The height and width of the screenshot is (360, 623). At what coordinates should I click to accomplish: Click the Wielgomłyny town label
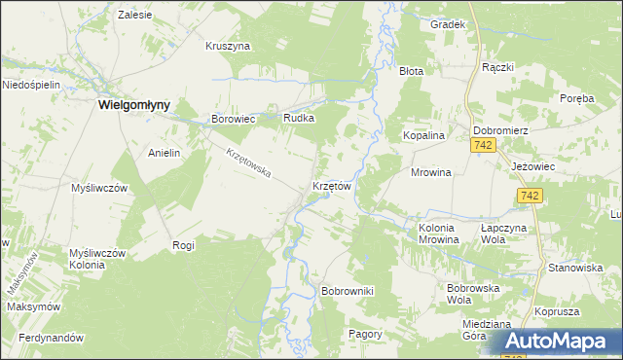pyautogui.click(x=134, y=106)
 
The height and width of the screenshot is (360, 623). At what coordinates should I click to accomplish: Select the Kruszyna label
pyautogui.click(x=229, y=46)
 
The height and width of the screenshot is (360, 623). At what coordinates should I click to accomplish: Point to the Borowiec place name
pyautogui.click(x=233, y=120)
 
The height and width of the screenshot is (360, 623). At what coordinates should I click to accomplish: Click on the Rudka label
pyautogui.click(x=298, y=119)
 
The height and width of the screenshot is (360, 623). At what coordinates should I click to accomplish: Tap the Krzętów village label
pyautogui.click(x=331, y=185)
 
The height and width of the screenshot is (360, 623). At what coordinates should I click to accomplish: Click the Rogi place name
pyautogui.click(x=183, y=245)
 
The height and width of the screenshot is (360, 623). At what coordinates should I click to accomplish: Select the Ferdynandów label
pyautogui.click(x=45, y=338)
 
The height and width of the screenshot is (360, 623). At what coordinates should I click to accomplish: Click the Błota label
pyautogui.click(x=412, y=71)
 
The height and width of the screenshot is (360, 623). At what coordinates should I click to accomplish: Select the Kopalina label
pyautogui.click(x=424, y=136)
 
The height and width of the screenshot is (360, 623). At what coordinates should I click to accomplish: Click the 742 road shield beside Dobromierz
pyautogui.click(x=483, y=145)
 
